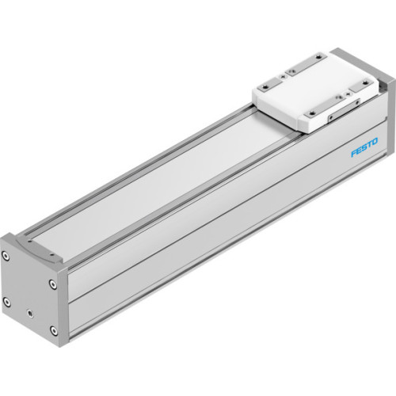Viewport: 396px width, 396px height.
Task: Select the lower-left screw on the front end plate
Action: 7,300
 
